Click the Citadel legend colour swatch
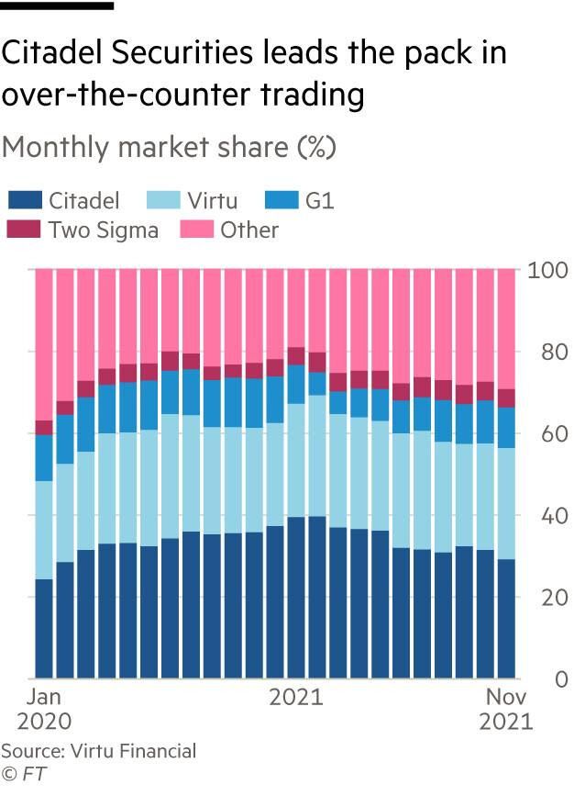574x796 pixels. coord(25,199)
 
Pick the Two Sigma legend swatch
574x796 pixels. coord(25,230)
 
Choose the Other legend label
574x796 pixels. coord(249,230)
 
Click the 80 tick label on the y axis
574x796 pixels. coord(538,352)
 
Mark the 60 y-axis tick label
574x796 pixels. coord(538,433)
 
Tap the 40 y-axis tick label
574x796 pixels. coord(538,515)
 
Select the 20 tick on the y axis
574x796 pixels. coord(538,597)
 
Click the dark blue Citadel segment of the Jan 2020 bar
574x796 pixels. coord(44,629)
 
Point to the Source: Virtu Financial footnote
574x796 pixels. coord(99,751)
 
